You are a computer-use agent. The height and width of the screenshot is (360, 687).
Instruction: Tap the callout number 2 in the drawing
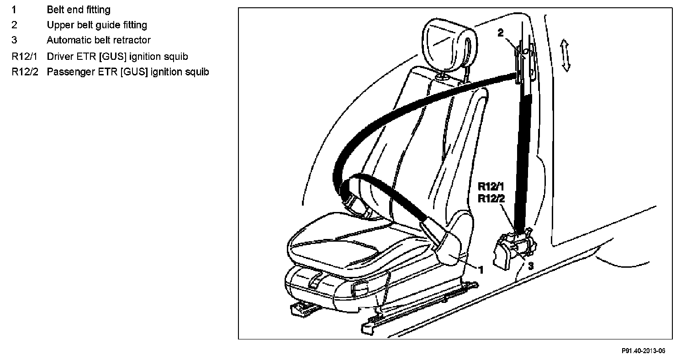coord(501,33)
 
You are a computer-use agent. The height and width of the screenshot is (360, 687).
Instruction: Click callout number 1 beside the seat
coord(480,270)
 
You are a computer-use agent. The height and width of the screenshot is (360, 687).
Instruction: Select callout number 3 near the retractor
coord(530,265)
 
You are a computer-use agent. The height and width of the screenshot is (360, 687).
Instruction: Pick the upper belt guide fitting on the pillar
coord(522,64)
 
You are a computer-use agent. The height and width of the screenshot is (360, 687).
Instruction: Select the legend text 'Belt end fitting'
coord(79,9)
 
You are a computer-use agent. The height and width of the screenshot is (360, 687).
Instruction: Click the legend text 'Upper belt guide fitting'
coord(97,25)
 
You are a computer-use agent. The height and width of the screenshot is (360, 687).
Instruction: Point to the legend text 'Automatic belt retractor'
coord(99,40)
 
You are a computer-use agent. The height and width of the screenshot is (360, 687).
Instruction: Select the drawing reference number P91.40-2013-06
coord(643,351)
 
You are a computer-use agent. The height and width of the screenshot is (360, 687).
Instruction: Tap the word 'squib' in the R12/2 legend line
coord(198,72)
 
